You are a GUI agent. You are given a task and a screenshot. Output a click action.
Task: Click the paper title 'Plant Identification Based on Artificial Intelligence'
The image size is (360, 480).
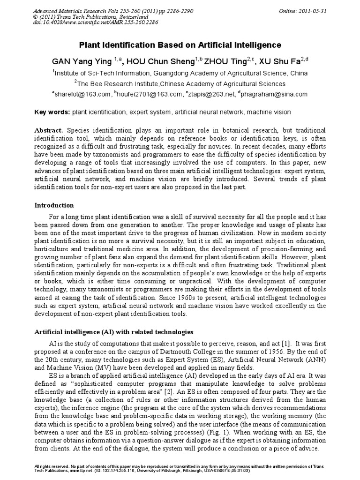pos(180,45)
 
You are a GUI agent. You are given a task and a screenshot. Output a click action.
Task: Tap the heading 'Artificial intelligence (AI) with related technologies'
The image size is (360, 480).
pos(114,332)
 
